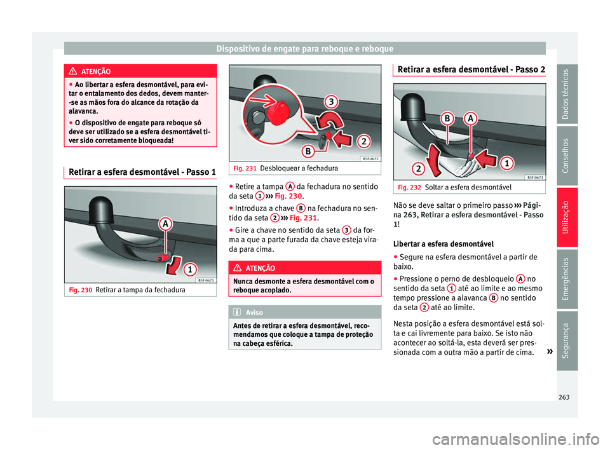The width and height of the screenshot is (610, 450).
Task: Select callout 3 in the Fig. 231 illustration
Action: point(331,102)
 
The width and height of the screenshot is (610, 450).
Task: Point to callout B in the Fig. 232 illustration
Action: point(448,119)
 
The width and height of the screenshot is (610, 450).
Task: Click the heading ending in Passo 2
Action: point(468,71)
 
